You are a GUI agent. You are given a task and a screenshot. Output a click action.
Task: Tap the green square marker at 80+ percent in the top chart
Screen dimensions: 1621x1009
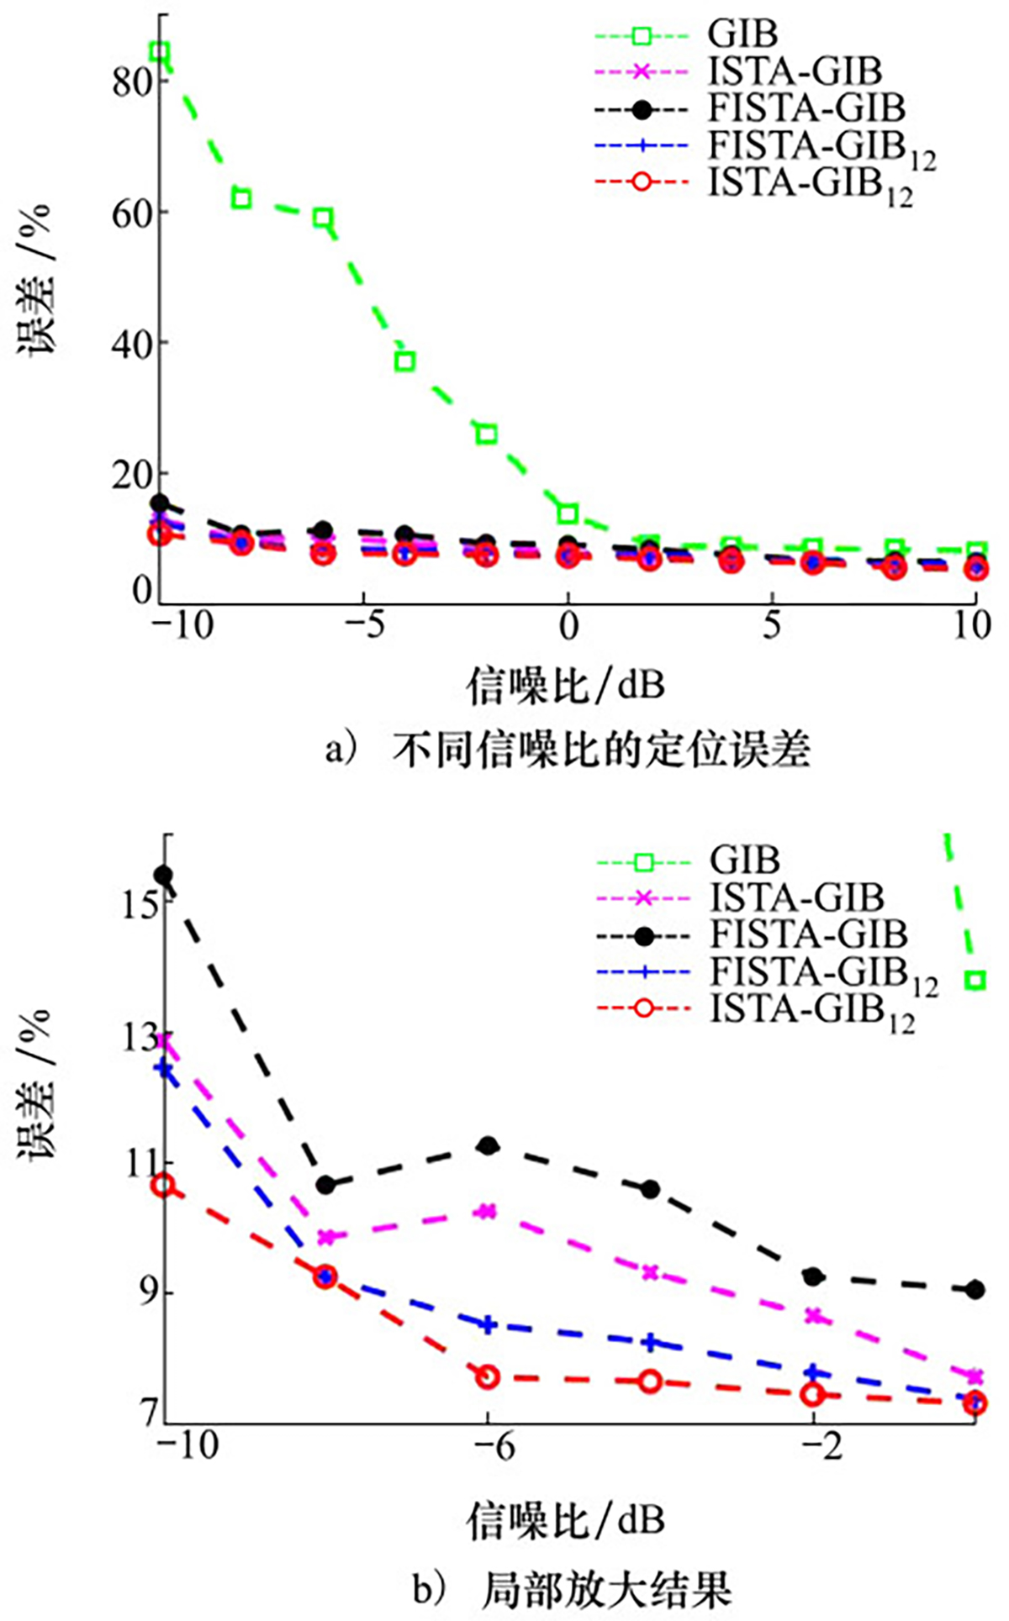pos(160,52)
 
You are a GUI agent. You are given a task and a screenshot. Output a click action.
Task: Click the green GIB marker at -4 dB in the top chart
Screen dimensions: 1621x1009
pos(405,361)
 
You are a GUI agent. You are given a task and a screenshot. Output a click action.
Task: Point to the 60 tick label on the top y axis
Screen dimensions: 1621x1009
pos(130,212)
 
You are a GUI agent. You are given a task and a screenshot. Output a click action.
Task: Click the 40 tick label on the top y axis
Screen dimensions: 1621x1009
pos(130,343)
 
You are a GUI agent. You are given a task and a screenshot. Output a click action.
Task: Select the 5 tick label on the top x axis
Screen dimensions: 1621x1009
pos(772,626)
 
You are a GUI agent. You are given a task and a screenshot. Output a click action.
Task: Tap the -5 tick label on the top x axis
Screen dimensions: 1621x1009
pos(363,626)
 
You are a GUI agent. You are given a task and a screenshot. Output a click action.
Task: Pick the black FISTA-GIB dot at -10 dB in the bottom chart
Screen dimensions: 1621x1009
pos(163,876)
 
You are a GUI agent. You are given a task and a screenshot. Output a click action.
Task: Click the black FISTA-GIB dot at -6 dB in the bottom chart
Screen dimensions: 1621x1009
pos(488,1145)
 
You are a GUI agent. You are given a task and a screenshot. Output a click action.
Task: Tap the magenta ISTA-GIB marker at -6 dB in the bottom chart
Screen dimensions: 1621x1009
pos(487,1212)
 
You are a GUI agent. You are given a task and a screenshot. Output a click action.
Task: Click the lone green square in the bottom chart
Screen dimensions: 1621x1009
pos(975,980)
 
